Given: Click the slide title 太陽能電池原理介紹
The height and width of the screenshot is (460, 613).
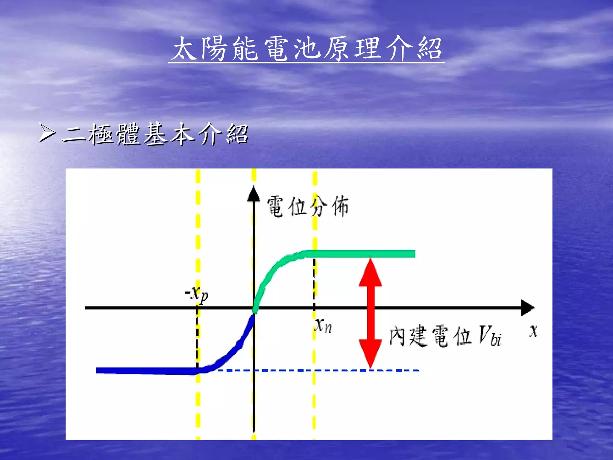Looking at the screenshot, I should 306,48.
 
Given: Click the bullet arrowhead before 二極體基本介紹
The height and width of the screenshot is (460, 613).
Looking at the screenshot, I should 47,133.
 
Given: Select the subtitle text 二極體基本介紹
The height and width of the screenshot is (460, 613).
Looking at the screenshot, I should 155,134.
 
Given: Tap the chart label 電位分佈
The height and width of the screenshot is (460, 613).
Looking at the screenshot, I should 307,207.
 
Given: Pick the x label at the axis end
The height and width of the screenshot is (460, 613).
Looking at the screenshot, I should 533,331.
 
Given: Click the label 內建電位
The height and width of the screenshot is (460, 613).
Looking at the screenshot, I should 430,335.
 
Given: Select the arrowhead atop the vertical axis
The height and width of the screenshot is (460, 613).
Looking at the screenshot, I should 254,194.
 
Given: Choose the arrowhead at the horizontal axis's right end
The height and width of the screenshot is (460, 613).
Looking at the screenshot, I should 527,307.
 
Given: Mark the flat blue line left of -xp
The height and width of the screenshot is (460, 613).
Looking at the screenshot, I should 144,371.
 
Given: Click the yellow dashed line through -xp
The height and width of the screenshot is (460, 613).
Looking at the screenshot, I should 198,233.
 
